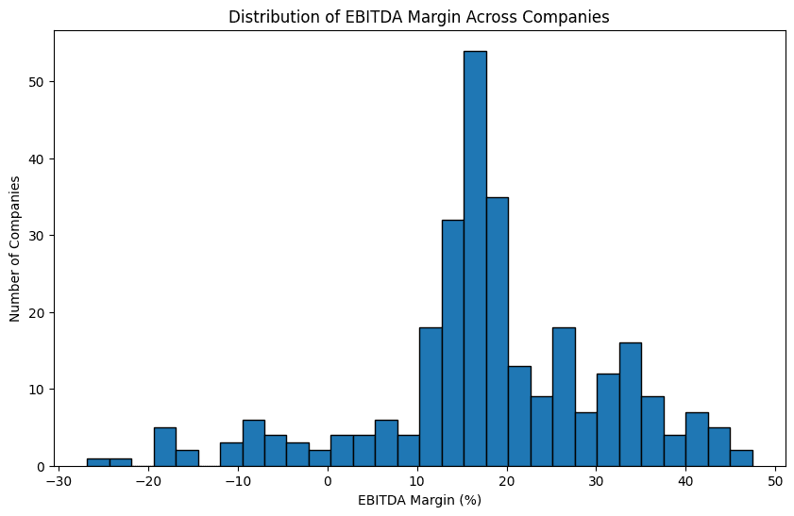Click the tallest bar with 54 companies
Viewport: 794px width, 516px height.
point(475,258)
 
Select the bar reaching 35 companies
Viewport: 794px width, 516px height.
point(498,331)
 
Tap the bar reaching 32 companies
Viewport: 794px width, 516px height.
point(453,342)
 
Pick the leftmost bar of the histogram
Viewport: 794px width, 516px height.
point(98,462)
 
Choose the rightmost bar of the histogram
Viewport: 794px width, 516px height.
point(741,458)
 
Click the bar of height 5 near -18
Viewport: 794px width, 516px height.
point(165,447)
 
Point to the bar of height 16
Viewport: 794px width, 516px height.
point(631,405)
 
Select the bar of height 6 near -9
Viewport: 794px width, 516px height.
point(253,443)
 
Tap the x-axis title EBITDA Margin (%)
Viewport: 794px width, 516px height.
point(419,500)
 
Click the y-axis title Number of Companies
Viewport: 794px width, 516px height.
point(16,248)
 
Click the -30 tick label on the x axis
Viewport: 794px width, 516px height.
point(59,481)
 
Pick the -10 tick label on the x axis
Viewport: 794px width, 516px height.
point(238,481)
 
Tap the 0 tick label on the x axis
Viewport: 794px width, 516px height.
point(328,481)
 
